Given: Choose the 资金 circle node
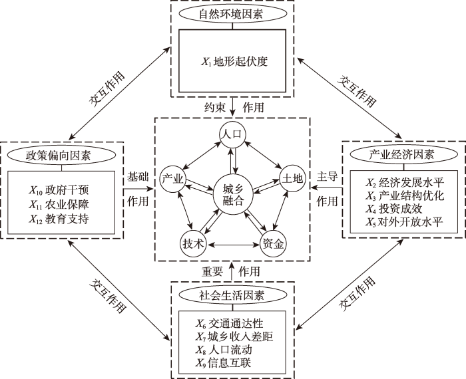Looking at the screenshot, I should [x=273, y=243].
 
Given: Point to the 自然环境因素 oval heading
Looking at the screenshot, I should [x=232, y=13].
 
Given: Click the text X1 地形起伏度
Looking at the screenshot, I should [x=233, y=62].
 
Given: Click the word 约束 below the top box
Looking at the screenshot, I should [x=215, y=106].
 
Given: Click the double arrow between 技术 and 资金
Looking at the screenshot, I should [x=233, y=245].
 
